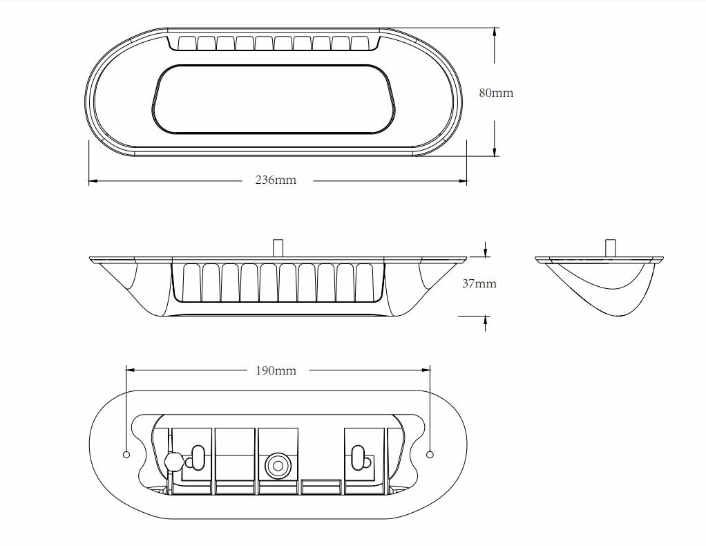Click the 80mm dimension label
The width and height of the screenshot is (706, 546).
(x=496, y=93)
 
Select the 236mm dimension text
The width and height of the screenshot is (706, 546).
(x=276, y=180)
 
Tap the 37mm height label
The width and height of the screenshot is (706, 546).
(x=479, y=283)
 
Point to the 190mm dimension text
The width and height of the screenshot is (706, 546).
(x=276, y=370)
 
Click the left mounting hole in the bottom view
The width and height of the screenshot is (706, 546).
(x=126, y=455)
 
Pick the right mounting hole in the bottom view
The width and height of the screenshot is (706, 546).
(x=430, y=455)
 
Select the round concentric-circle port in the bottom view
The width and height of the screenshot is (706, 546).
(x=278, y=465)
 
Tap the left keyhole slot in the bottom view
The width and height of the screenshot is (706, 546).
(x=196, y=458)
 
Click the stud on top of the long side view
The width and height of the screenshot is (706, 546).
(x=278, y=248)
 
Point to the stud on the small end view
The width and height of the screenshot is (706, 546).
(x=611, y=248)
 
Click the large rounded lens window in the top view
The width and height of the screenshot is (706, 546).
(x=274, y=99)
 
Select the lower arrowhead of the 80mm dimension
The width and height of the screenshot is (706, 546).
(x=495, y=151)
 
